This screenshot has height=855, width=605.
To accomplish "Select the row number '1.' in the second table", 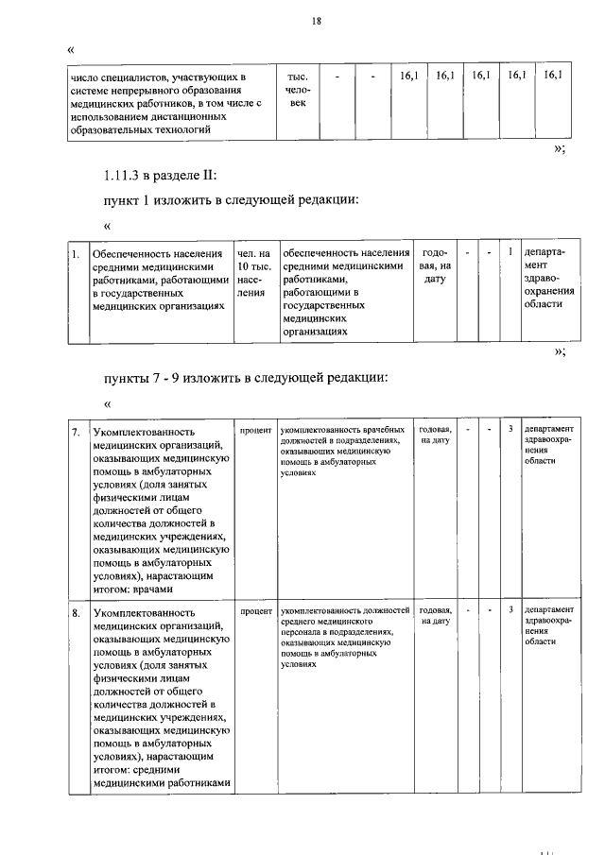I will point(75,254).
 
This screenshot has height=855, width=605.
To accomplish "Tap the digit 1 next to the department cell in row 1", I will point(510,251).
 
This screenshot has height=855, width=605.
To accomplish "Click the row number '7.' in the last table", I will point(76,432).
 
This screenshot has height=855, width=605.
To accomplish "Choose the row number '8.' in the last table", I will point(76,613).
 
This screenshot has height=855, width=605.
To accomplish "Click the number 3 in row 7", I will point(510,430).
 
